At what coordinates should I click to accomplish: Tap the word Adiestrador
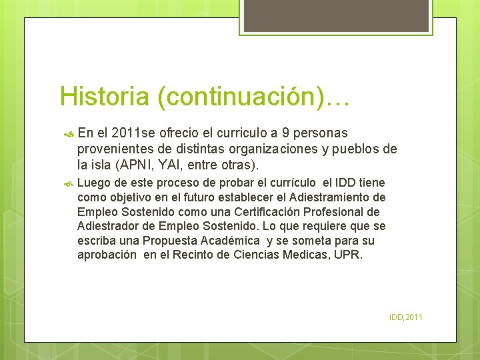(x=108, y=227)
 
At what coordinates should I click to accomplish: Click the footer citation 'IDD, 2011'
(x=406, y=317)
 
